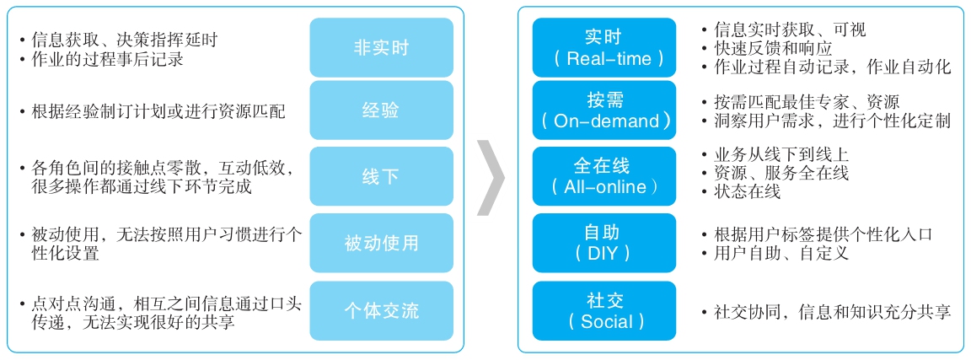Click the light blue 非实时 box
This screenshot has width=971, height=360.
click(x=382, y=48)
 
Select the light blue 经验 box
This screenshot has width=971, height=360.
click(x=382, y=110)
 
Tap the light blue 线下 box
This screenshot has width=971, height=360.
click(x=382, y=176)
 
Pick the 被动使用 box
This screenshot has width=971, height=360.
click(x=382, y=243)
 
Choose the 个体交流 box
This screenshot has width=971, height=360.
click(x=382, y=310)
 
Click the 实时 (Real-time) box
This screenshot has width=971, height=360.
click(x=604, y=48)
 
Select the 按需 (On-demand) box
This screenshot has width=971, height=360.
click(x=604, y=110)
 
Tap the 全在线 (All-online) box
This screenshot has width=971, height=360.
click(x=604, y=176)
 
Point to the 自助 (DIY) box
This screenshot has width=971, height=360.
click(x=604, y=243)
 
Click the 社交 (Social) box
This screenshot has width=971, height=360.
click(x=604, y=310)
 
